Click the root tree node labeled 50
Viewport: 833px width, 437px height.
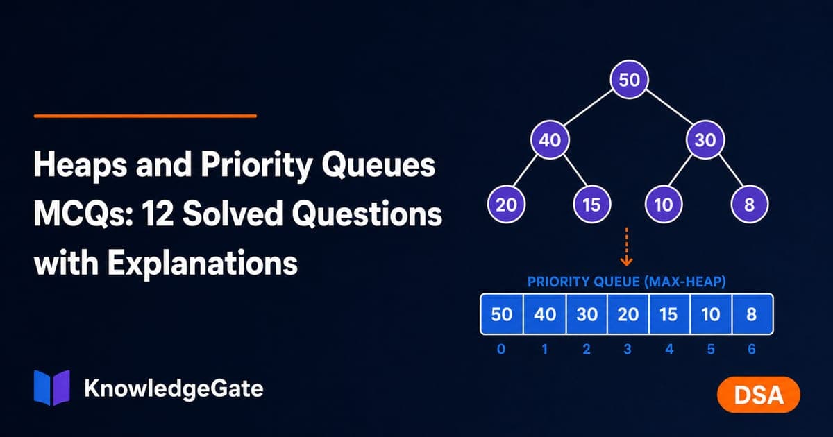629,80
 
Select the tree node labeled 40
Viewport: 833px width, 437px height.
550,140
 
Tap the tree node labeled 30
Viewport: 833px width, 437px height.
705,140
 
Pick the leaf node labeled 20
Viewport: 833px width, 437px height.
506,205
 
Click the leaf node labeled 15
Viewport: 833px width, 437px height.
591,205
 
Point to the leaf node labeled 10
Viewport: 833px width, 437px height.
664,205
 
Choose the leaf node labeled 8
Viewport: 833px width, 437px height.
749,205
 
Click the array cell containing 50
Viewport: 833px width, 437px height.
502,314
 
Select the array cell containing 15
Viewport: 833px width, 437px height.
669,314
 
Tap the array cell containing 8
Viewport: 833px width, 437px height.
752,314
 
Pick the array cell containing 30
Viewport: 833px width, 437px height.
587,314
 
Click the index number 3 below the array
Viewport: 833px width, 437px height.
628,350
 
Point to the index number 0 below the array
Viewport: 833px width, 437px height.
501,350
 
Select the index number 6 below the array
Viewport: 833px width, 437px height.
752,350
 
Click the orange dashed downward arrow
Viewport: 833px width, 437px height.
627,247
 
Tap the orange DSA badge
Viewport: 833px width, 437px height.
759,395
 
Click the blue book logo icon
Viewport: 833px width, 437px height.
51,388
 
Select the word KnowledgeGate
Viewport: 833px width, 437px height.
174,388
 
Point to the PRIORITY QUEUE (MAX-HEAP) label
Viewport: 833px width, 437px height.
627,282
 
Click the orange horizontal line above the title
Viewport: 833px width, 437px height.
145,116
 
